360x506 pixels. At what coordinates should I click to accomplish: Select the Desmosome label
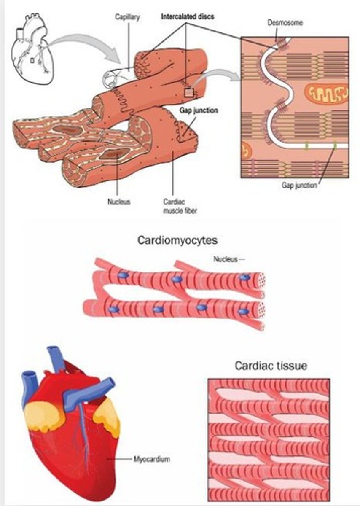[285, 22]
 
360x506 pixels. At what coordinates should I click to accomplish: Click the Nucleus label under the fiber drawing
[119, 202]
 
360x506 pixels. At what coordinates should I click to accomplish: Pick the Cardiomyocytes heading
[177, 240]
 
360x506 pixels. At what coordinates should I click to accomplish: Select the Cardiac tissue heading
[271, 366]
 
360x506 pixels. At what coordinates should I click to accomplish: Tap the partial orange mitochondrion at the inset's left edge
[245, 148]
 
